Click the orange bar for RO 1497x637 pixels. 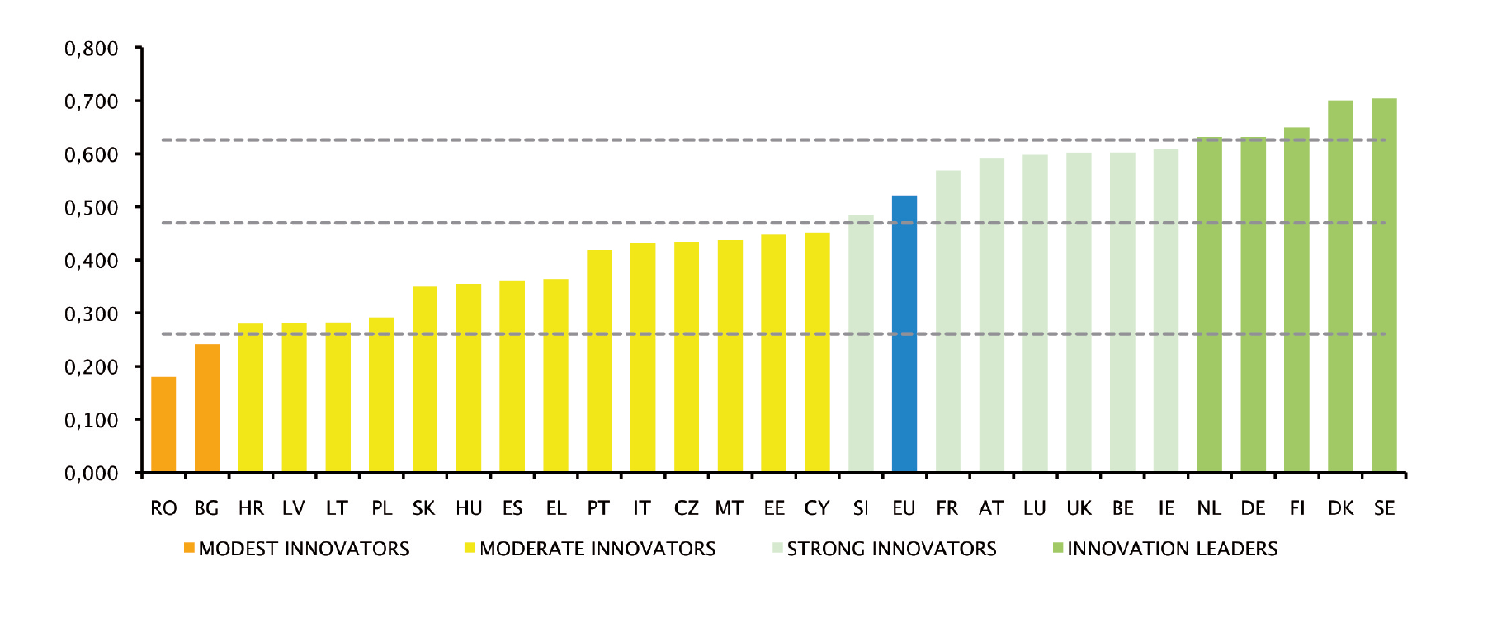[163, 425]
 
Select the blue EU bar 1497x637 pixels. [904, 334]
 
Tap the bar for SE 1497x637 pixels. [1383, 285]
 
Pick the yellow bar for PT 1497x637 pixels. [599, 361]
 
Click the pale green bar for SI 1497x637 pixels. [861, 344]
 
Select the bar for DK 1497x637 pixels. [1339, 286]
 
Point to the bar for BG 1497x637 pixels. [207, 408]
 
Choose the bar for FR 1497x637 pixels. [947, 322]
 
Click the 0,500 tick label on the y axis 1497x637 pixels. [92, 208]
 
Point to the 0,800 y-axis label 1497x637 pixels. [92, 49]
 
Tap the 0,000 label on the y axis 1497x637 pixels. [92, 474]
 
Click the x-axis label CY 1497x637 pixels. [817, 508]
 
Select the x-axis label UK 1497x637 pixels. [1079, 508]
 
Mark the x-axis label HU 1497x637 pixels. [469, 508]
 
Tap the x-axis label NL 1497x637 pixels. [1209, 508]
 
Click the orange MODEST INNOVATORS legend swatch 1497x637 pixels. [189, 548]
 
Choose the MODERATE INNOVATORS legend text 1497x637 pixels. [597, 549]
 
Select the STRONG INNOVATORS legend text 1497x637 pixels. [891, 549]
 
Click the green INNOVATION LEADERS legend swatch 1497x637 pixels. [1057, 548]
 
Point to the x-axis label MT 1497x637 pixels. [729, 508]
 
